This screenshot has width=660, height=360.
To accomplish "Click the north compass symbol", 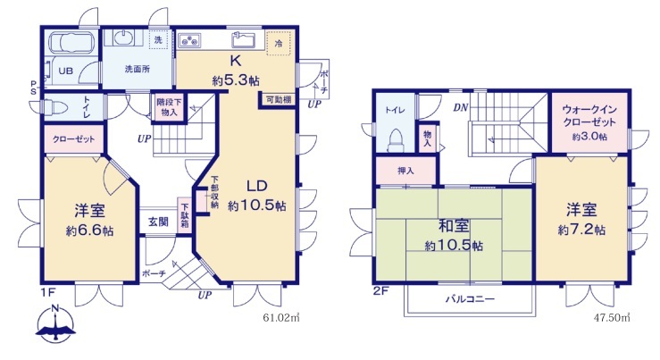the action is click(55, 323).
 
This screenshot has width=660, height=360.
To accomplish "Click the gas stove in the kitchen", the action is click(190, 40).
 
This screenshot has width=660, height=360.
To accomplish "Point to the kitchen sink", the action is click(243, 40).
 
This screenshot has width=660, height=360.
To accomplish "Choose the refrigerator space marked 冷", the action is click(279, 43).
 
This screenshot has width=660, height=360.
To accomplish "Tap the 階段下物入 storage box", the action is click(169, 107).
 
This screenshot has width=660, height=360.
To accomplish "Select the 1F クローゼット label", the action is click(73, 139).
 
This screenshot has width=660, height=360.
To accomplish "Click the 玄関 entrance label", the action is click(158, 222).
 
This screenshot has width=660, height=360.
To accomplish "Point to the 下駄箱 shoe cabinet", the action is click(184, 215).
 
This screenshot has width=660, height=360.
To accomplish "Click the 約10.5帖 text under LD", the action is click(257, 205).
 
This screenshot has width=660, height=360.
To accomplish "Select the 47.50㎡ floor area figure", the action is click(612, 316).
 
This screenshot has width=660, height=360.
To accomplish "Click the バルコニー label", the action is click(470, 299).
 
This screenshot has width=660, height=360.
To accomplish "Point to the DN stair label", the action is click(461, 108).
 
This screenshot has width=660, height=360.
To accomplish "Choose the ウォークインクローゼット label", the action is click(589, 116).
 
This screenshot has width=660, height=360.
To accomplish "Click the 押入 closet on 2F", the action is click(405, 171).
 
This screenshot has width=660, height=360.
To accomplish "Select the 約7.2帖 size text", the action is click(581, 230).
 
